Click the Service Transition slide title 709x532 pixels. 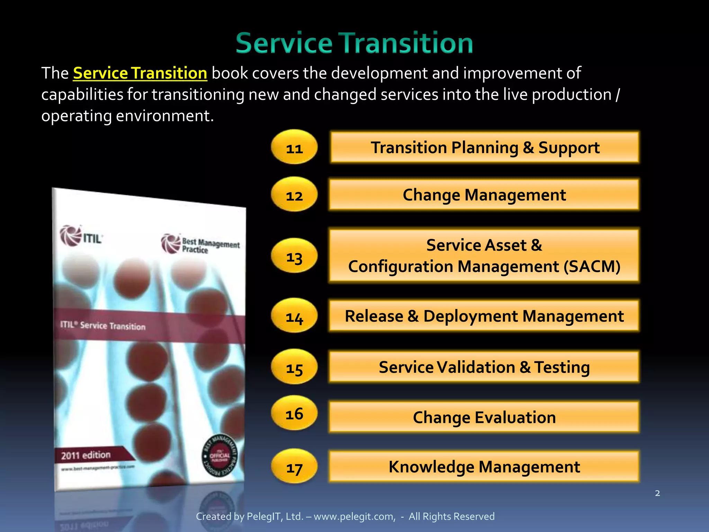[354, 43]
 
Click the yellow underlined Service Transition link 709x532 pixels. [140, 73]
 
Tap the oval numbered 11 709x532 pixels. [294, 148]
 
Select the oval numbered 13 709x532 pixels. [294, 256]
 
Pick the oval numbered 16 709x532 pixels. [294, 413]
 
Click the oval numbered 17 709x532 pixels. [294, 467]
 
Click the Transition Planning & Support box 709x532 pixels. [484, 147]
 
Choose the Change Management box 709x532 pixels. [484, 195]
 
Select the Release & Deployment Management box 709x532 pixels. [484, 316]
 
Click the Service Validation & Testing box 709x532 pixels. [484, 367]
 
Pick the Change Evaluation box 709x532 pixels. [484, 417]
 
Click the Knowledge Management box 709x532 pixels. [484, 467]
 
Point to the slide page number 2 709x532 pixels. [657, 493]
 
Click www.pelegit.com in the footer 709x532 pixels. [354, 516]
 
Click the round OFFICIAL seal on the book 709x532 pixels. [219, 455]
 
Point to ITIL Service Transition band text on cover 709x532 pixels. [103, 325]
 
